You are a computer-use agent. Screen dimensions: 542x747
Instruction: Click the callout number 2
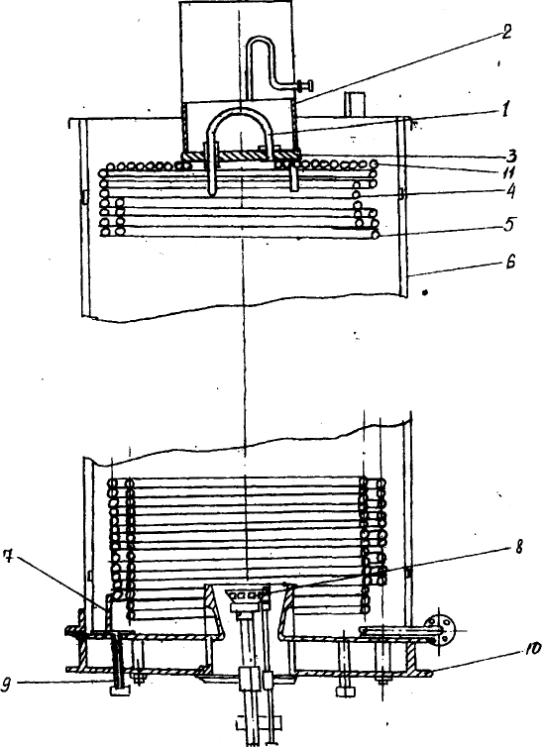tap(504, 34)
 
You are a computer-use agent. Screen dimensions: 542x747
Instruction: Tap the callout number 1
tap(504, 110)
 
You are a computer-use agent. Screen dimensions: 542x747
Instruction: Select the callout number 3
tap(511, 156)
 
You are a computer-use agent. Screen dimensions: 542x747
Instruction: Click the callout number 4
tap(509, 191)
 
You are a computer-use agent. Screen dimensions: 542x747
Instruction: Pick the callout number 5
tap(509, 225)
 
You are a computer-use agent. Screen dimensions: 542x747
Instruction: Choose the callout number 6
tap(510, 262)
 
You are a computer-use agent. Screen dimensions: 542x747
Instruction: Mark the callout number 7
tap(8, 556)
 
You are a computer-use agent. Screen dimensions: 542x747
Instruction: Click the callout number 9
tap(7, 685)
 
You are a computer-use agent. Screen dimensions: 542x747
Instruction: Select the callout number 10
tap(533, 649)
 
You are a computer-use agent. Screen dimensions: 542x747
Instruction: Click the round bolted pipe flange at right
tap(439, 630)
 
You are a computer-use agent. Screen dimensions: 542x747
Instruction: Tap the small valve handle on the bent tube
tap(305, 86)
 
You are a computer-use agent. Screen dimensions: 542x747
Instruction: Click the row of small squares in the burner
tap(247, 595)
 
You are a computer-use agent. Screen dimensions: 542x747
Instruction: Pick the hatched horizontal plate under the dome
tap(241, 156)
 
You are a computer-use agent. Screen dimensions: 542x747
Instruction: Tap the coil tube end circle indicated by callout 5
tap(376, 235)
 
